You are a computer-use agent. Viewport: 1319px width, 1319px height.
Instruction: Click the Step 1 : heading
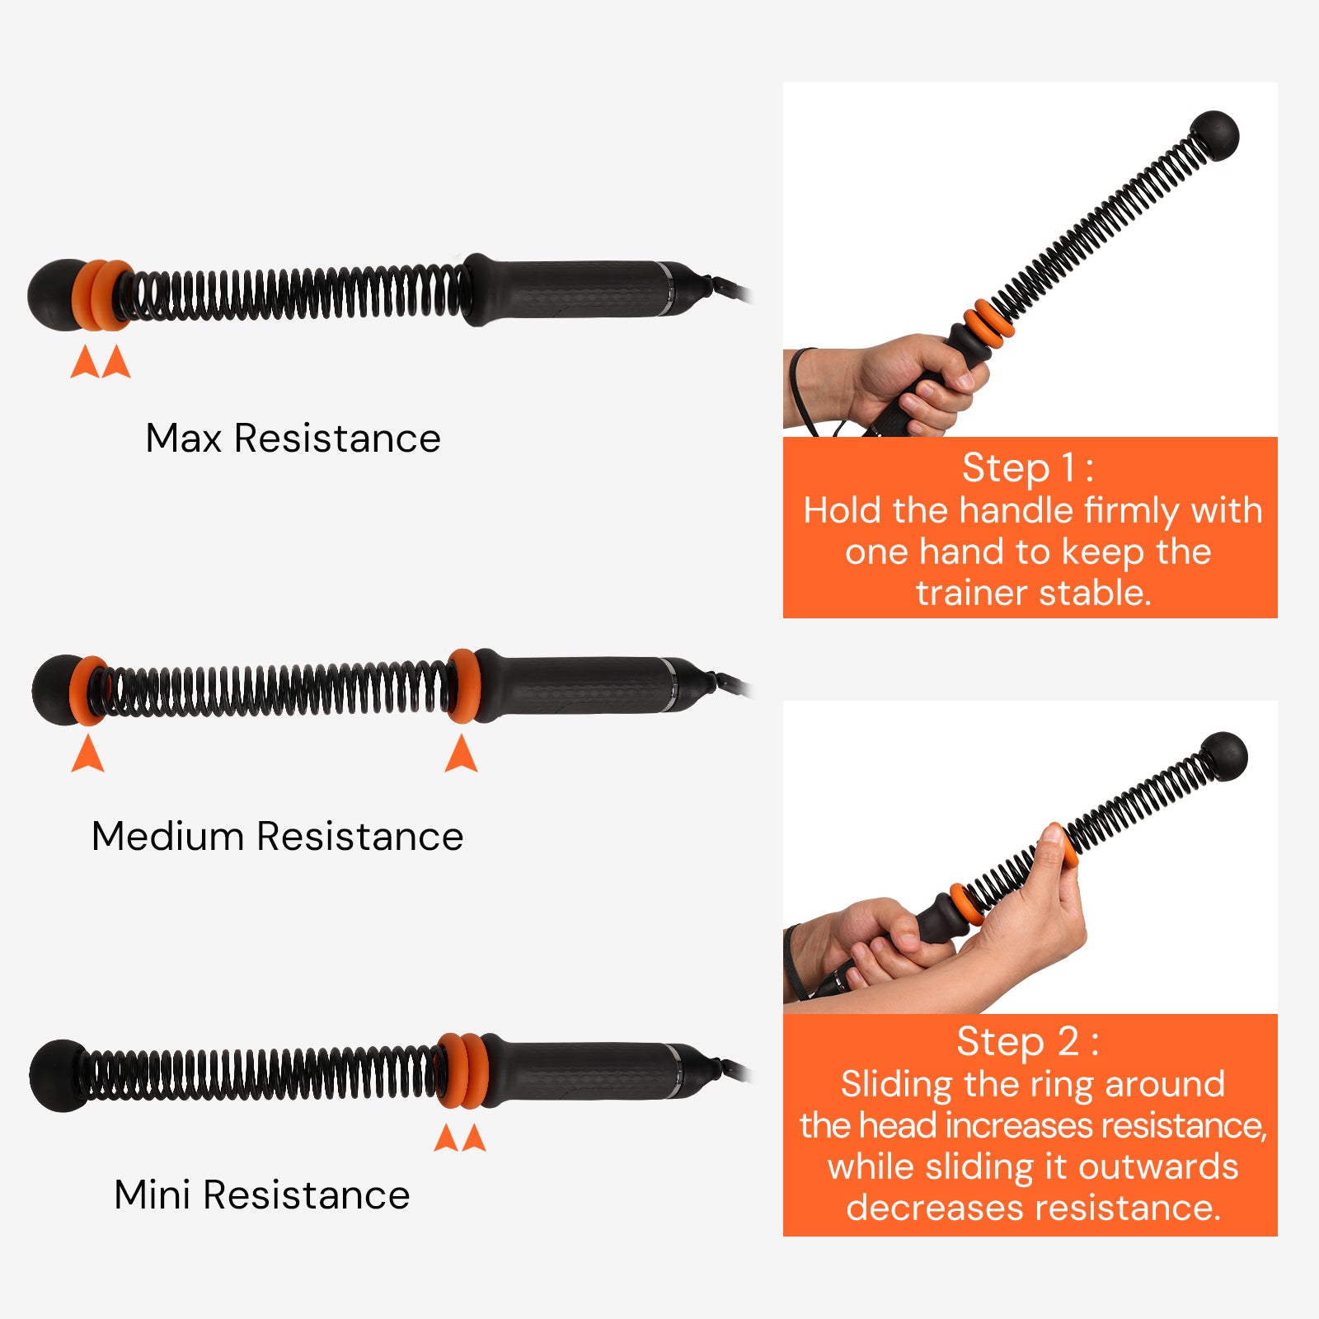(x=1028, y=467)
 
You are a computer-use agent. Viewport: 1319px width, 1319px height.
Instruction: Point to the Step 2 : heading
(x=1027, y=1041)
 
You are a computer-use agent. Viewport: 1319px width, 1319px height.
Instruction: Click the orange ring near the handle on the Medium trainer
(x=464, y=686)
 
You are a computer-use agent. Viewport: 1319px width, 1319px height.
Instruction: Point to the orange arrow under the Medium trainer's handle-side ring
(x=461, y=753)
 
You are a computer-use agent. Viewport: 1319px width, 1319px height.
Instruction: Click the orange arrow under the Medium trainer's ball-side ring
(x=87, y=753)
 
